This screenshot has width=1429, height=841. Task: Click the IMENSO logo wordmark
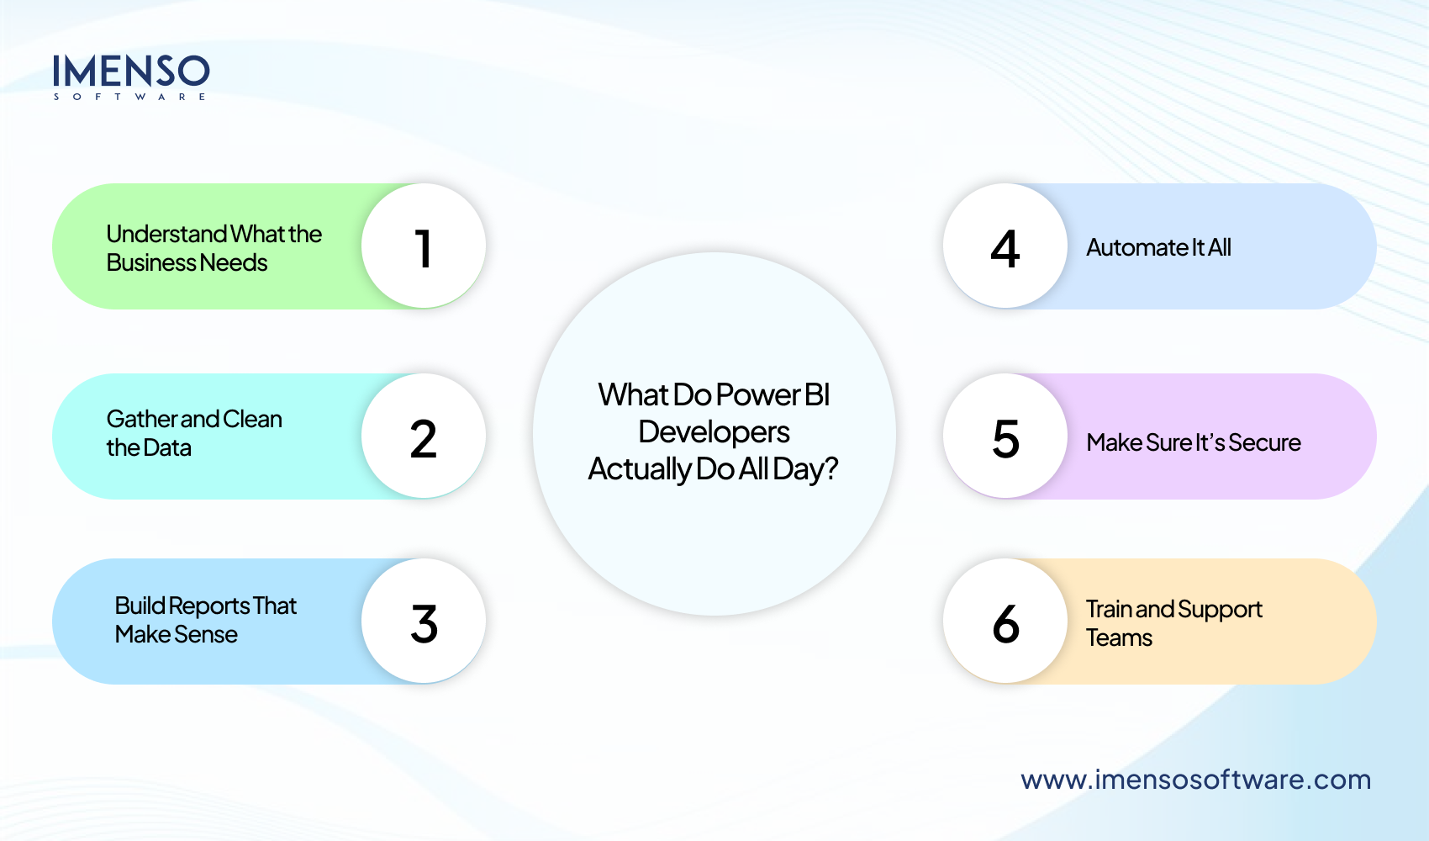click(x=131, y=72)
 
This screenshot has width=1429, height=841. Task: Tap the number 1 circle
click(x=424, y=246)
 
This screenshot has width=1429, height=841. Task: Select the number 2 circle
click(x=424, y=436)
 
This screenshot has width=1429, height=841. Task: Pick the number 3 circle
click(x=424, y=621)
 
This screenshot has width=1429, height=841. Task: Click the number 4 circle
click(x=1005, y=246)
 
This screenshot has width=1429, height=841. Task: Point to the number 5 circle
click(x=1005, y=436)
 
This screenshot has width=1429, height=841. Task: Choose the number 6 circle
click(x=1005, y=621)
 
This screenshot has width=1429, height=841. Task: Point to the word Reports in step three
click(x=209, y=606)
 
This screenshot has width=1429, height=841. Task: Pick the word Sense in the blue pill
click(x=206, y=635)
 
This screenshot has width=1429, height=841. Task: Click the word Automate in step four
click(x=1136, y=248)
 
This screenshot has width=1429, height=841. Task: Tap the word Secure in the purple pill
click(x=1264, y=443)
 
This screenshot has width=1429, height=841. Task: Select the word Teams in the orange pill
click(x=1119, y=638)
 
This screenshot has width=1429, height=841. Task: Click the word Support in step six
click(x=1220, y=610)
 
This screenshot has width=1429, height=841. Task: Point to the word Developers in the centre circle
click(x=714, y=432)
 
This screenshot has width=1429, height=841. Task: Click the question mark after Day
click(x=831, y=468)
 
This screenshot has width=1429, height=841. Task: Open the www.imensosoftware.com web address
click(x=1195, y=780)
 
